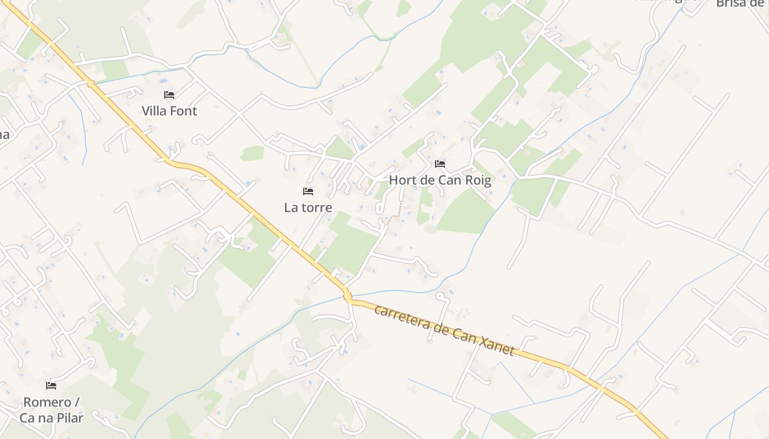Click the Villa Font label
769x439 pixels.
click(x=169, y=111)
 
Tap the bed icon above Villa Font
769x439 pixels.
click(x=169, y=95)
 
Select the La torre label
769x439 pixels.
click(x=308, y=207)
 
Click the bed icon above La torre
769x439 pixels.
click(x=308, y=192)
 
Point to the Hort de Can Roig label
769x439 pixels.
click(x=440, y=180)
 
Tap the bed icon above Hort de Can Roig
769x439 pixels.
click(x=440, y=164)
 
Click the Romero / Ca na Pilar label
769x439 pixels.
click(x=51, y=410)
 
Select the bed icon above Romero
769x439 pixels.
click(x=51, y=386)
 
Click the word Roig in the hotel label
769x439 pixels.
click(x=477, y=180)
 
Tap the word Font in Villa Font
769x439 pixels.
click(x=183, y=111)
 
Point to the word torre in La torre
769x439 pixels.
click(x=316, y=207)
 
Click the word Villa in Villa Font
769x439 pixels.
click(x=154, y=111)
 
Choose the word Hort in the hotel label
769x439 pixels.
click(x=402, y=180)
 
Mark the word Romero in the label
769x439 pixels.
click(x=47, y=402)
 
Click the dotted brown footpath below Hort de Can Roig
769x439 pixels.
click(x=399, y=210)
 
